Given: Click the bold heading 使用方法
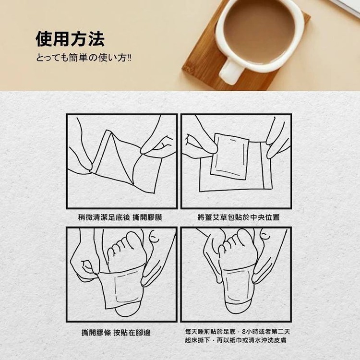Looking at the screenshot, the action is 70,39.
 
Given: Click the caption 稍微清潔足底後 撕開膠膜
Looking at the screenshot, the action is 120,217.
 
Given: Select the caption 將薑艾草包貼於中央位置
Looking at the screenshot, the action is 239,217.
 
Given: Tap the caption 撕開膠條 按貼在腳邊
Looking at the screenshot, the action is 116,333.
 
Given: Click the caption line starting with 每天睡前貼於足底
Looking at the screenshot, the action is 238,332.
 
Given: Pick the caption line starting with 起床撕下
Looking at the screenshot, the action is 236,340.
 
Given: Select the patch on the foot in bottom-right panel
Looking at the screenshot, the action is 238,286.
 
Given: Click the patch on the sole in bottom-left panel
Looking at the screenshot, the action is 120,289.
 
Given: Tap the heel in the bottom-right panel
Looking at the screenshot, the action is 238,310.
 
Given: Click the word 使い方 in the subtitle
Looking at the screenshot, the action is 112,58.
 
